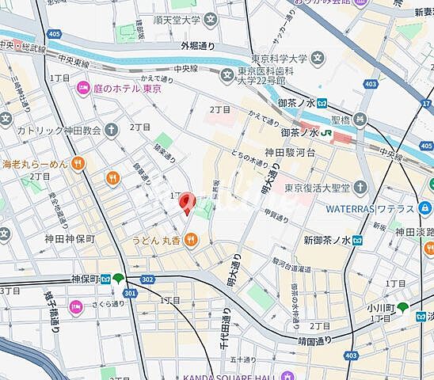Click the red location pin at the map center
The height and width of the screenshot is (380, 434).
pos(186,203)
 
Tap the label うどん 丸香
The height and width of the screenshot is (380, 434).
pos(162,240)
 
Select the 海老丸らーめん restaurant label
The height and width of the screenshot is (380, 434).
pos(35,164)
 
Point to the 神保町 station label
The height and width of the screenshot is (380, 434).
pos(84,279)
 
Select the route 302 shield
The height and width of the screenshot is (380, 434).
pos(147,280)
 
